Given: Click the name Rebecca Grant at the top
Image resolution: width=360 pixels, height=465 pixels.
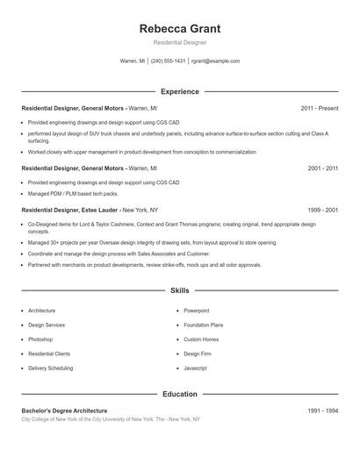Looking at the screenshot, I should [179, 29].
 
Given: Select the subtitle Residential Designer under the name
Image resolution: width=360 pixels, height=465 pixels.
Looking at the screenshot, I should [179, 43].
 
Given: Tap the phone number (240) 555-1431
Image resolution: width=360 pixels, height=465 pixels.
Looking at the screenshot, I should [168, 61].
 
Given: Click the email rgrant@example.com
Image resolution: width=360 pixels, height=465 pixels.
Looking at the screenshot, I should [215, 61].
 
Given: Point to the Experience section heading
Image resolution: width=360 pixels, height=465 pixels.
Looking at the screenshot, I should [179, 91].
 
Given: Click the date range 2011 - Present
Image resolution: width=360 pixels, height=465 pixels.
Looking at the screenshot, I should [319, 108].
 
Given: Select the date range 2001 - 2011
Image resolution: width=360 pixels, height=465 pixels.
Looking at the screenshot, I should [322, 168].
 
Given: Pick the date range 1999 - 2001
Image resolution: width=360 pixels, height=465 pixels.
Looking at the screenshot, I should [322, 211].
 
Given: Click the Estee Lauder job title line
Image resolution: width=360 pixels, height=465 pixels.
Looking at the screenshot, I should [90, 211].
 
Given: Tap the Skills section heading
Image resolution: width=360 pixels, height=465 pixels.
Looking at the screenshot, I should [179, 290].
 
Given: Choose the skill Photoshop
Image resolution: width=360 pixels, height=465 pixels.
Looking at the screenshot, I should [40, 340].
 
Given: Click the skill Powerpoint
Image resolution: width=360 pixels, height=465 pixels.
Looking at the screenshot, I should [196, 311].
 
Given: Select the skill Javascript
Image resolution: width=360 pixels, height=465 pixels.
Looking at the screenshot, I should [195, 368].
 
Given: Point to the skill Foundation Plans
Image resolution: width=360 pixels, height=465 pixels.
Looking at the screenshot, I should [203, 325].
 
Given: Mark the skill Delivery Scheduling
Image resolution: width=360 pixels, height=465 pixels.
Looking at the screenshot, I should [50, 368].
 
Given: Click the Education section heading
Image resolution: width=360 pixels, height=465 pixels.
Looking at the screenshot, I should [179, 394].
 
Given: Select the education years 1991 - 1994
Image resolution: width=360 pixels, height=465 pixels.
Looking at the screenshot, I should [322, 411].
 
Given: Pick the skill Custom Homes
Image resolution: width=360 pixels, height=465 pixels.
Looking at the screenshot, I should [201, 340].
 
